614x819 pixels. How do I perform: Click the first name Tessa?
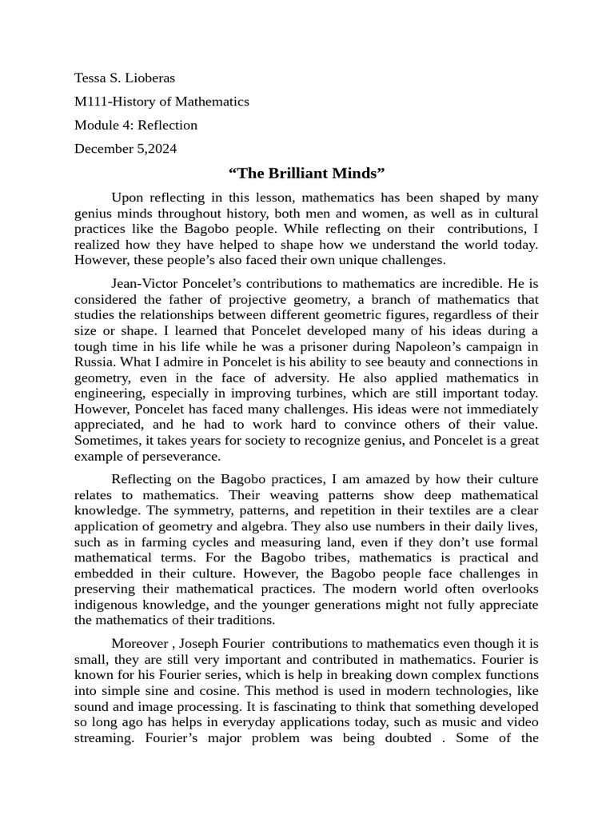coord(91,78)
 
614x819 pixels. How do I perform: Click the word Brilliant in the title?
coord(307,173)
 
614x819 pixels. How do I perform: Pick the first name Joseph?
coord(189,644)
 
